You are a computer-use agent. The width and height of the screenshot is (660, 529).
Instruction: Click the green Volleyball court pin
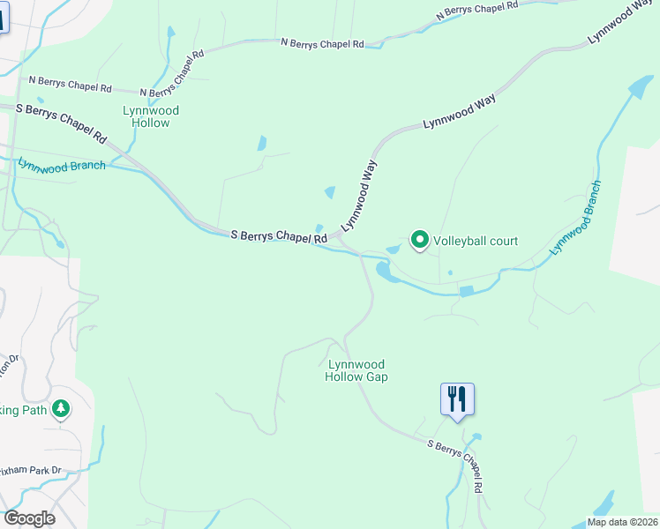click(x=420, y=240)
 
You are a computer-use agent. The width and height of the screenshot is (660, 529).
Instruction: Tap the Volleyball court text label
click(x=475, y=241)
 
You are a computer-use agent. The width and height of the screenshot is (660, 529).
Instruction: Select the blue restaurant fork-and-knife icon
click(x=457, y=399)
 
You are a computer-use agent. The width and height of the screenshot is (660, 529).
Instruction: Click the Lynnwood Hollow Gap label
click(x=356, y=370)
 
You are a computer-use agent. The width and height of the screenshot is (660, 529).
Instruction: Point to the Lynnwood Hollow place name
click(x=150, y=116)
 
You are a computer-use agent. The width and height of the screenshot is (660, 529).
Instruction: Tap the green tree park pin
click(x=61, y=409)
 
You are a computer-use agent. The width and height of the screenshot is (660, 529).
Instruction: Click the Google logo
click(x=29, y=518)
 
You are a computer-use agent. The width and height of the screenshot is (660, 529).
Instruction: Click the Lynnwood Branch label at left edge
click(x=62, y=165)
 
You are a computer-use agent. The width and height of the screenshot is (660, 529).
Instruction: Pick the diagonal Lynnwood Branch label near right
click(x=575, y=218)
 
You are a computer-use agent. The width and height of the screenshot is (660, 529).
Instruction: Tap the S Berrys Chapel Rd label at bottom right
click(x=457, y=466)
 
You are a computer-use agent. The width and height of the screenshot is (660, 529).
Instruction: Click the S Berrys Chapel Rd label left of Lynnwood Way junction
click(x=279, y=236)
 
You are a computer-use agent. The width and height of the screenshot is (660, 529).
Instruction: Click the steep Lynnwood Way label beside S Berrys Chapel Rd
click(x=359, y=195)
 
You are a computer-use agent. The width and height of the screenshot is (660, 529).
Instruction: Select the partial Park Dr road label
click(x=32, y=471)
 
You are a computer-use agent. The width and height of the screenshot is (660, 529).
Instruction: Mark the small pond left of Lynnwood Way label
click(x=330, y=192)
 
